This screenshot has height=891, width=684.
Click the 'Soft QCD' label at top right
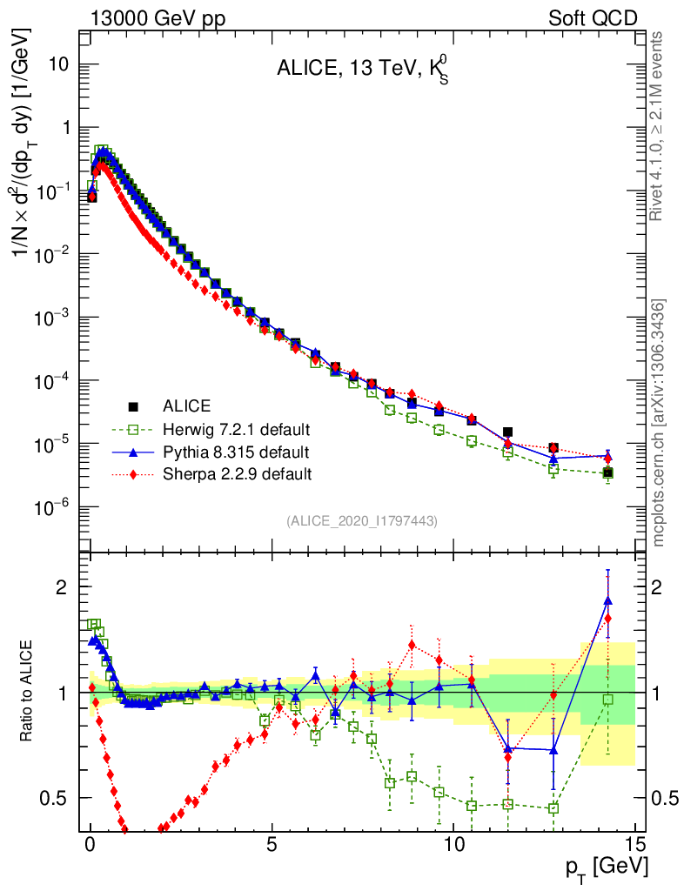pos(593,17)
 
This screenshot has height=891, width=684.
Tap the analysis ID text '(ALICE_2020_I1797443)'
pos(362,520)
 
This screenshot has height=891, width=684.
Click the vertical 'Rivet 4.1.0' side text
pos(658,126)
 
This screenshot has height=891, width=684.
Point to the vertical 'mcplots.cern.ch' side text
pos(658,422)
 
